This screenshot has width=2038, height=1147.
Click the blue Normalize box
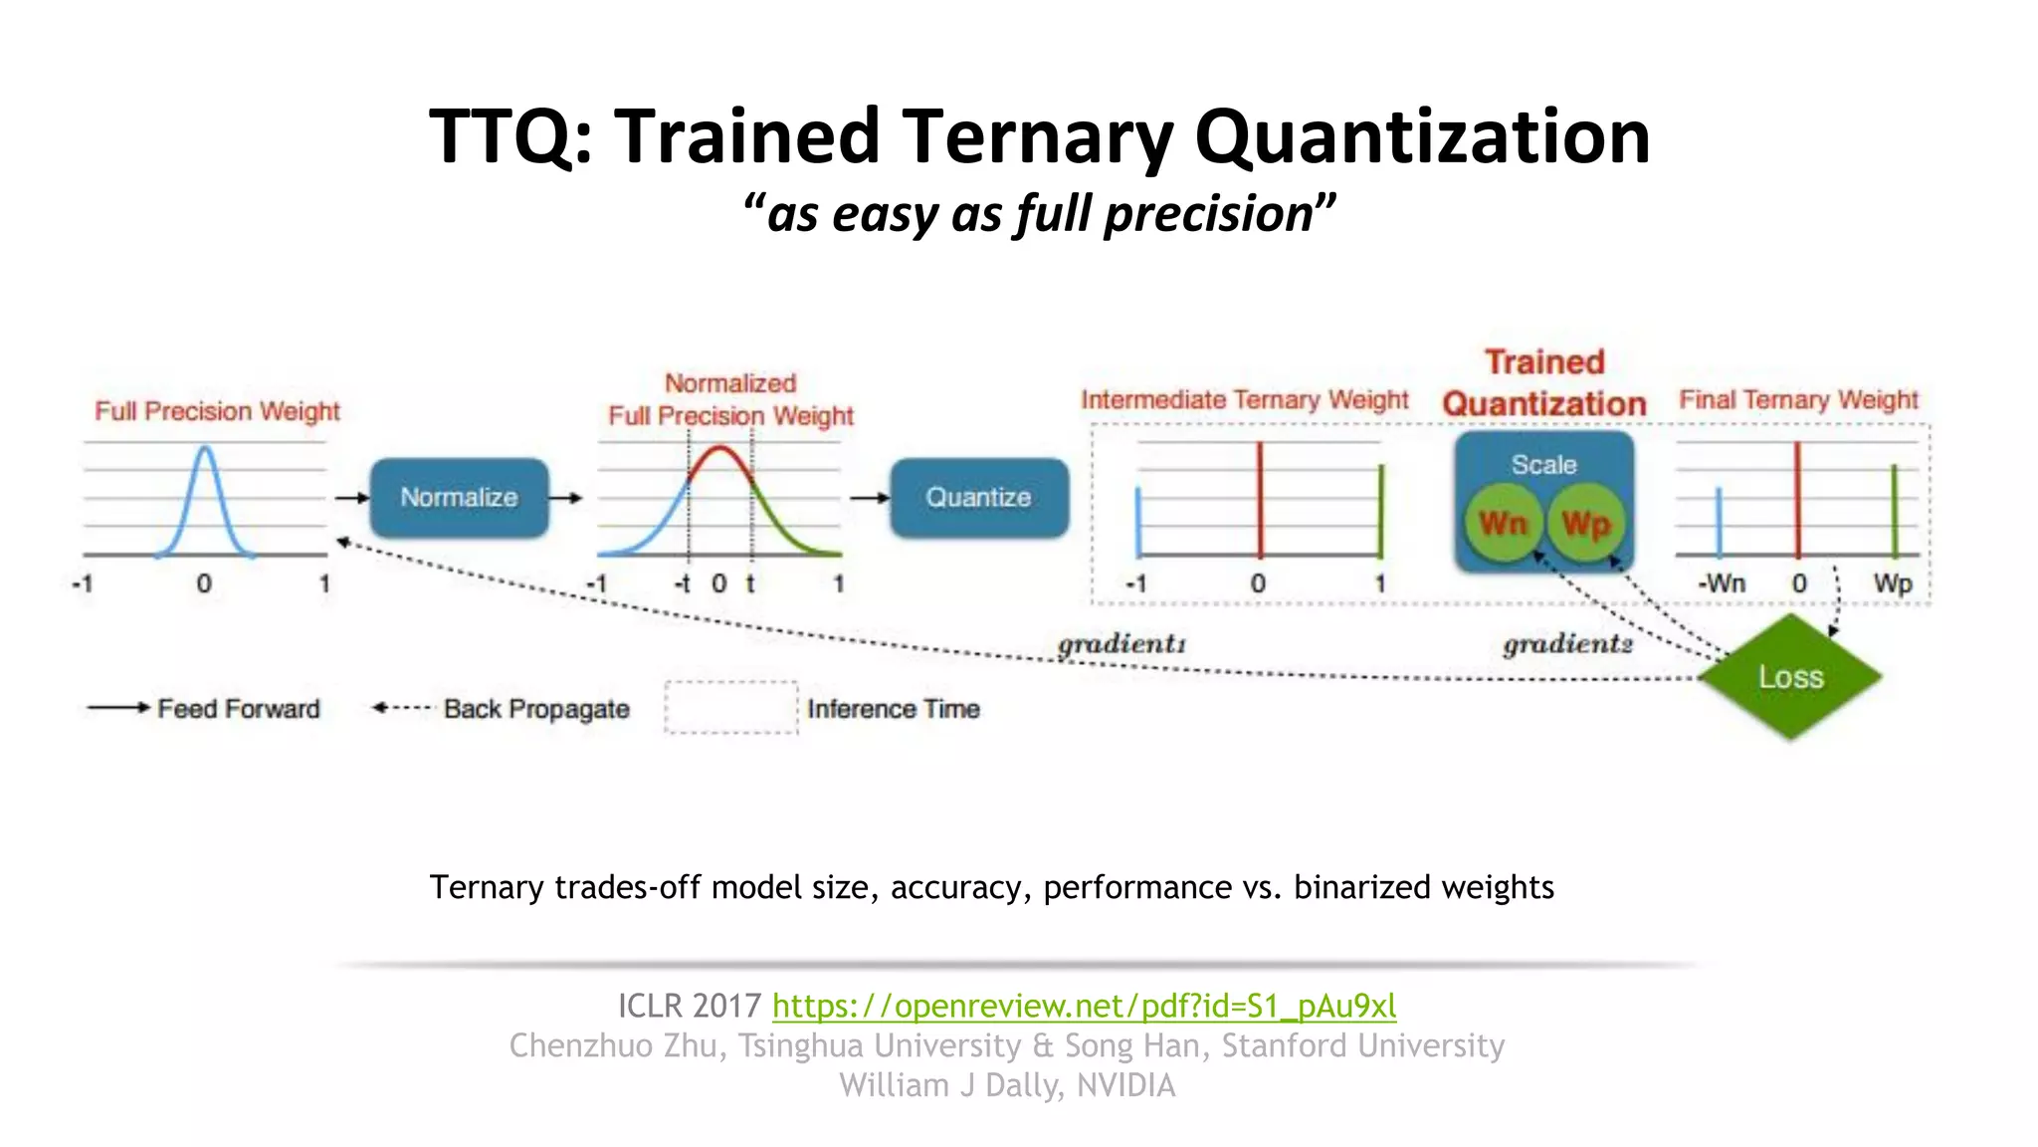tap(459, 497)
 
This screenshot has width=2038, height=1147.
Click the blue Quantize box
tap(978, 497)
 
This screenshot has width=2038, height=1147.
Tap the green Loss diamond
tap(1790, 677)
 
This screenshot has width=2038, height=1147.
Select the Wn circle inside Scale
tap(1503, 523)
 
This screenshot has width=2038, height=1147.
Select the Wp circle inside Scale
tap(1585, 523)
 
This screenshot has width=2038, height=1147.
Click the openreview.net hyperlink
tap(1084, 1006)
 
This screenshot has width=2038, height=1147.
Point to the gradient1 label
tap(1121, 644)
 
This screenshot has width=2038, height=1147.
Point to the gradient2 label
tap(1567, 644)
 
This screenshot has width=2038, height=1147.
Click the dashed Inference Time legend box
tap(731, 708)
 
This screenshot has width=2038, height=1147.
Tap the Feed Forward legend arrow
tap(117, 708)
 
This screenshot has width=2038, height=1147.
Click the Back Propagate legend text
tap(536, 709)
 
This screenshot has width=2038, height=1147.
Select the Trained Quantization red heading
tap(1544, 382)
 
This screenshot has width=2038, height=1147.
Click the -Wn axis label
tap(1722, 583)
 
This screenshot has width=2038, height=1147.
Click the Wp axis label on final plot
tap(1893, 583)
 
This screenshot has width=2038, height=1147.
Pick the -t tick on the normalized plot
tap(683, 583)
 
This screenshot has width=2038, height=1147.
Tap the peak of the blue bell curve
tap(205, 448)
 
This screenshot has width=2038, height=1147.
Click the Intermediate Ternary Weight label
tap(1245, 399)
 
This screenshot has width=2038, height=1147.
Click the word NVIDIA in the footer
tap(1125, 1085)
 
